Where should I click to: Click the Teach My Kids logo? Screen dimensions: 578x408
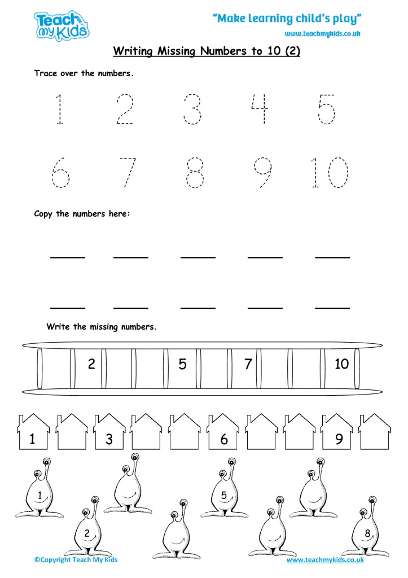pyautogui.click(x=62, y=25)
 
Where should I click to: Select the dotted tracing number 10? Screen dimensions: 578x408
pyautogui.click(x=329, y=172)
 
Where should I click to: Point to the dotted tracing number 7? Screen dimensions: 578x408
pyautogui.click(x=128, y=172)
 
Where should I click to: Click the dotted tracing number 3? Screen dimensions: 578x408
pyautogui.click(x=192, y=108)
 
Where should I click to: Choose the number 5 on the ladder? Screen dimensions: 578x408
pyautogui.click(x=182, y=365)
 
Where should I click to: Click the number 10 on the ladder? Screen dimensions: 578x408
pyautogui.click(x=341, y=365)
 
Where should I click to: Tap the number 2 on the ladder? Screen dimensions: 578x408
pyautogui.click(x=91, y=365)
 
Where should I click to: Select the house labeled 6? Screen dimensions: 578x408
pyautogui.click(x=223, y=433)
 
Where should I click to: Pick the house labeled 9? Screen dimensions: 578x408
pyautogui.click(x=339, y=433)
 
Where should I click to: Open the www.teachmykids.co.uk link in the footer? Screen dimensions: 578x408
pyautogui.click(x=324, y=560)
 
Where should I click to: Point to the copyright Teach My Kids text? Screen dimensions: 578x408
pyautogui.click(x=76, y=560)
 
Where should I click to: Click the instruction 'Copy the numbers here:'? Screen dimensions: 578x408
pyautogui.click(x=82, y=214)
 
